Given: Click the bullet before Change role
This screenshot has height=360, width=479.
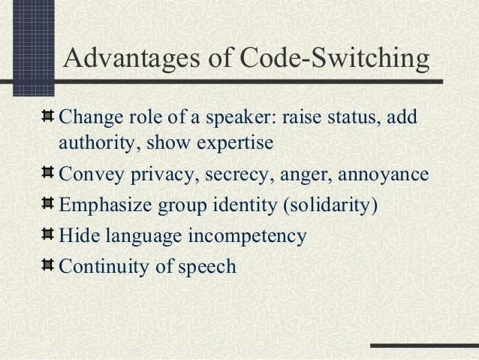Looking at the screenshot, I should click(47, 118).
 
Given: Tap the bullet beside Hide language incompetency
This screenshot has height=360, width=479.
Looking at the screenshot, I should click(47, 235).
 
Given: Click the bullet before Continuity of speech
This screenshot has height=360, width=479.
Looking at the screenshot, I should click(47, 265).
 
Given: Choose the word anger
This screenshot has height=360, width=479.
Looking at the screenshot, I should click(301, 177).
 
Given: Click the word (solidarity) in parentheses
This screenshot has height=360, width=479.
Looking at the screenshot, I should click(330, 206).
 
